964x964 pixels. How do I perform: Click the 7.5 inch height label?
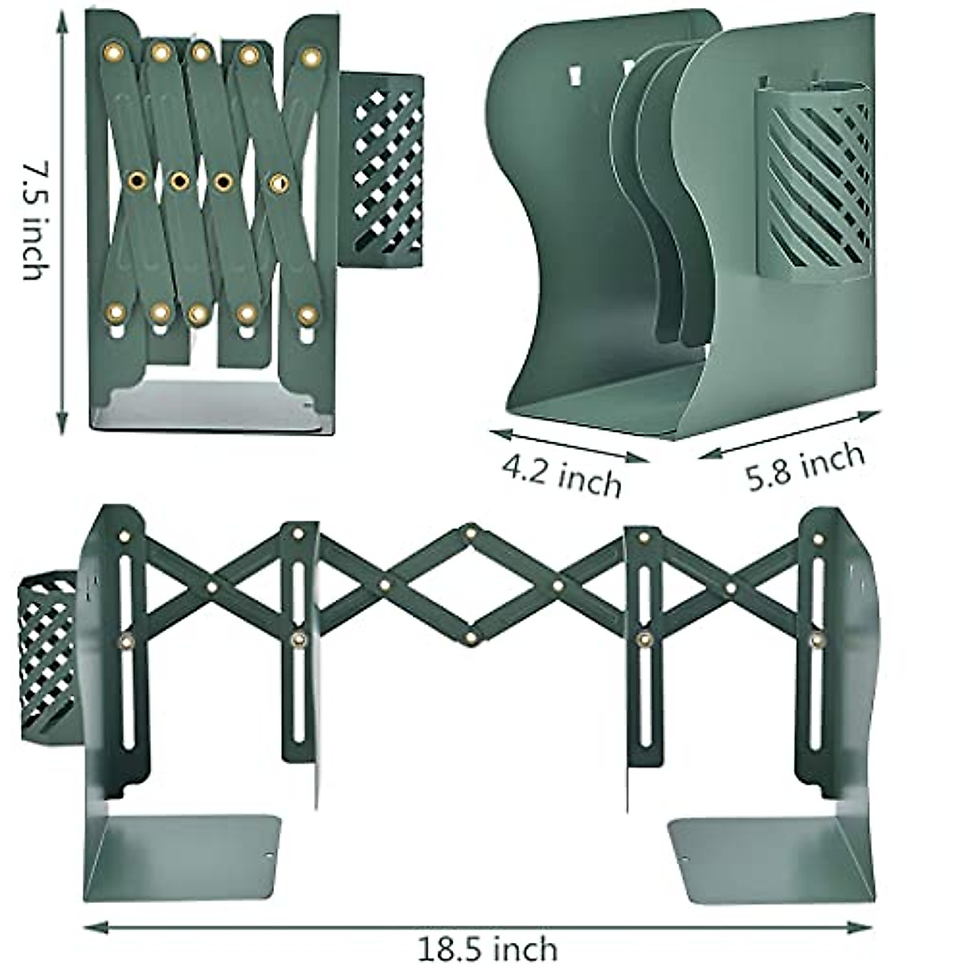click(32, 220)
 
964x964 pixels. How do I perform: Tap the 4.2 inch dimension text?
click(562, 475)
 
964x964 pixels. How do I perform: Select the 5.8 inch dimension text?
click(805, 467)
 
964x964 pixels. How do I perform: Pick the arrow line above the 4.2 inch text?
click(569, 445)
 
